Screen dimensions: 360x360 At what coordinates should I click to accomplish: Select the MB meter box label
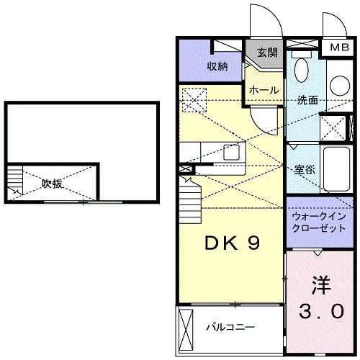coord(338,48)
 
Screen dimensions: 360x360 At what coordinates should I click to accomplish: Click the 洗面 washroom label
coord(307,100)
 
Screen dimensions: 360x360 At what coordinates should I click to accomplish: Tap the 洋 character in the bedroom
coord(320,284)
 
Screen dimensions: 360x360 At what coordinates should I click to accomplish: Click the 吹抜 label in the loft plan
coord(51,183)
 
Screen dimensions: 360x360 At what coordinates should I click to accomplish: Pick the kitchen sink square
coord(233,152)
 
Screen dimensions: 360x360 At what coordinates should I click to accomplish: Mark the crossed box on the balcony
coord(185,326)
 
